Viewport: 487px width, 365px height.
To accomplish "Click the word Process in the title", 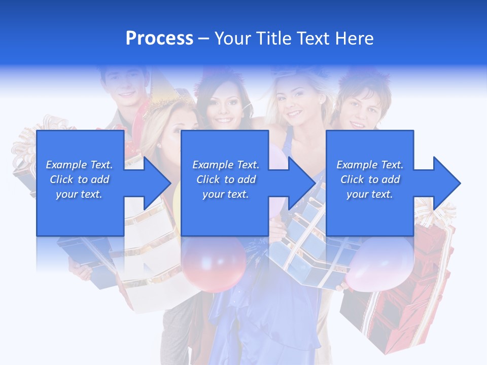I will pos(159,39).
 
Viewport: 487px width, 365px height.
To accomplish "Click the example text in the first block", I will pos(80,179).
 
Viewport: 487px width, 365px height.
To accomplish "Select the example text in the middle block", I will pos(226,179).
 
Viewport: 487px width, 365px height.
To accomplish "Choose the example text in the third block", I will pos(370,179).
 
